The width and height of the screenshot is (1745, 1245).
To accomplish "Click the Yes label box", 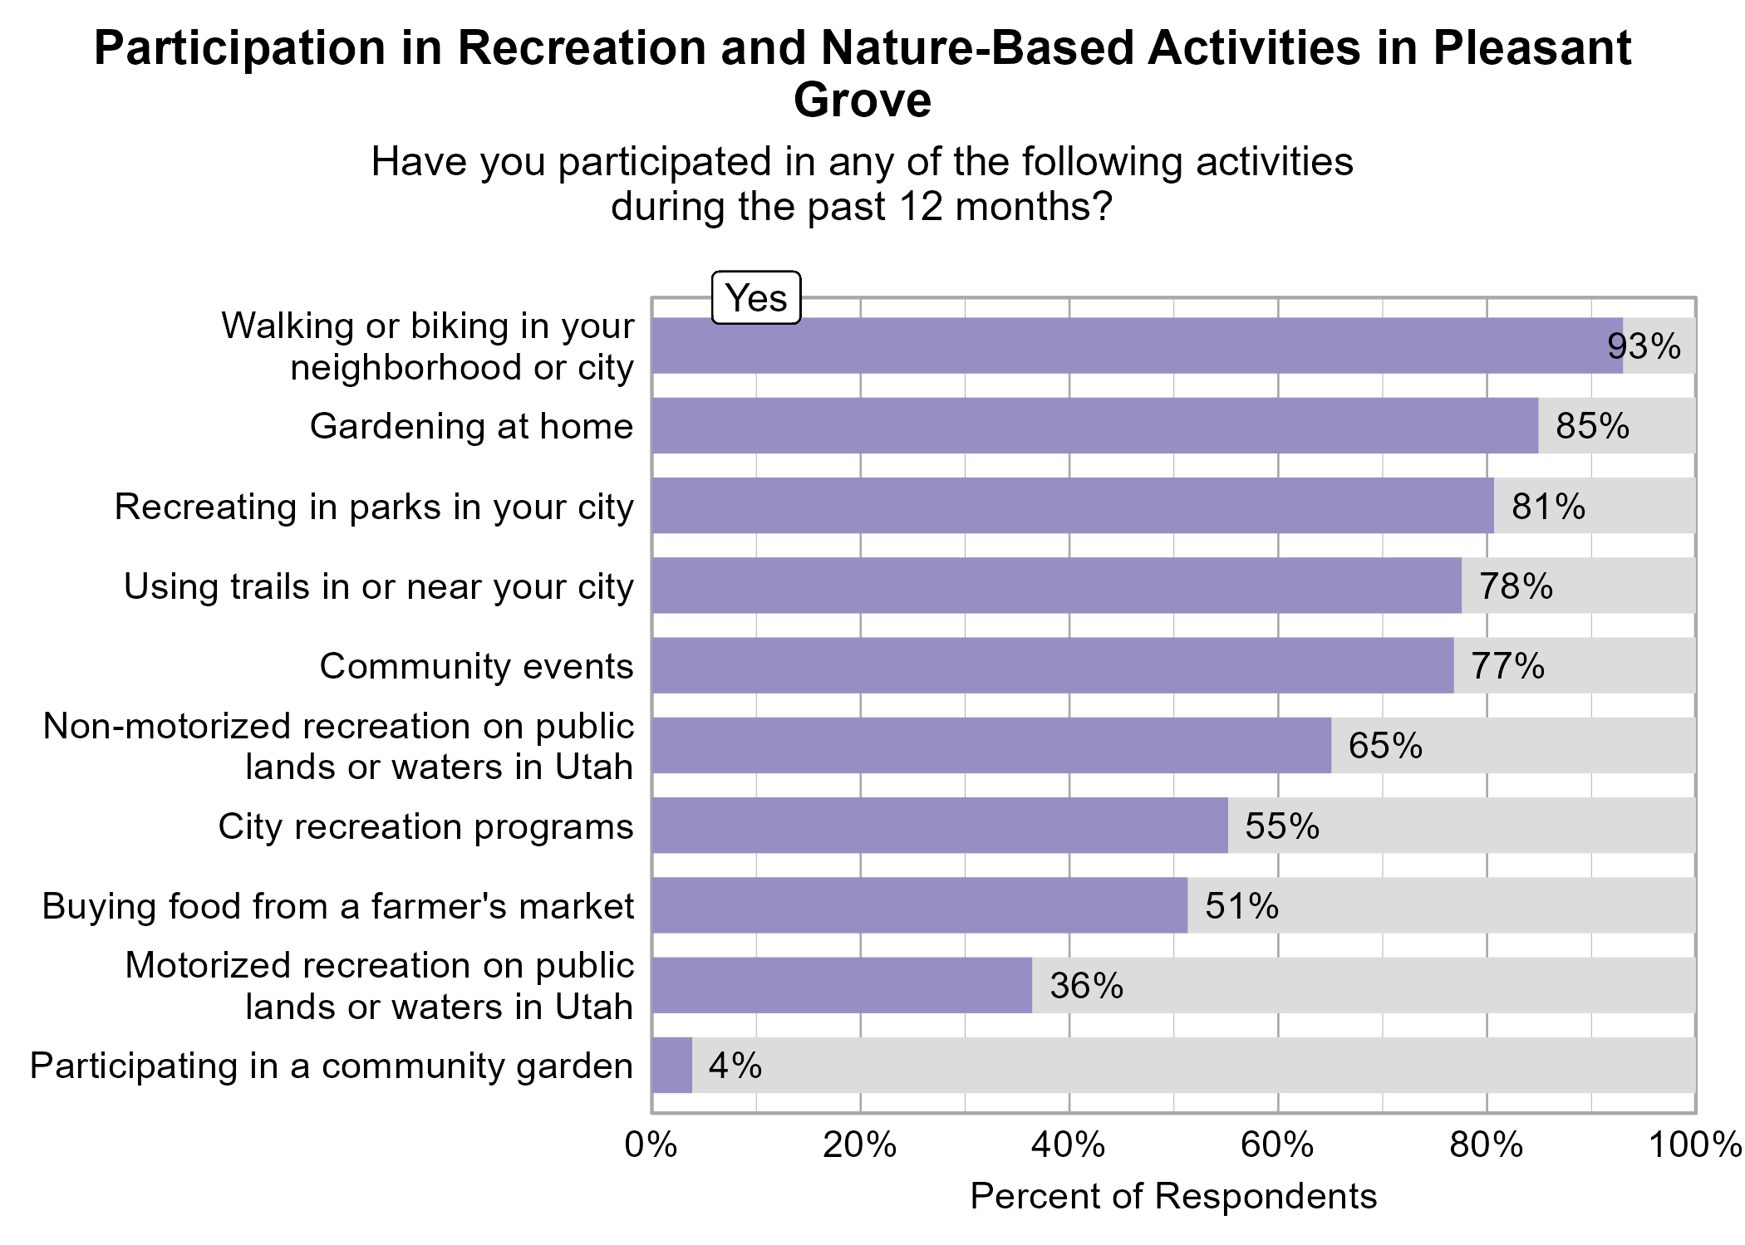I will pyautogui.click(x=756, y=297).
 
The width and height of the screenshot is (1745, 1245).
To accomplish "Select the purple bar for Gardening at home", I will pyautogui.click(x=1094, y=425).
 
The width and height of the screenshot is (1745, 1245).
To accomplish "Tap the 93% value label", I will pyautogui.click(x=1644, y=346).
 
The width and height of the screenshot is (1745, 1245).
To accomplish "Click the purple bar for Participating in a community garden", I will pyautogui.click(x=671, y=1065).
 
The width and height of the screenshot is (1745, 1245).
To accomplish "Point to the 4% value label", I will pyautogui.click(x=735, y=1066).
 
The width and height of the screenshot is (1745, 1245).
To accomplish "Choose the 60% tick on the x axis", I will pyautogui.click(x=1277, y=1145).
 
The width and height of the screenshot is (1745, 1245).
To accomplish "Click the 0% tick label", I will pyautogui.click(x=651, y=1145).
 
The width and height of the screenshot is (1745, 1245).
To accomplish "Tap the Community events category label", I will pyautogui.click(x=476, y=666).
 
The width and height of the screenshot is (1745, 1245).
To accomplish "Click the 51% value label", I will pyautogui.click(x=1241, y=905).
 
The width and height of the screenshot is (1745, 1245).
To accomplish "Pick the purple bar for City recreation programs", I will pyautogui.click(x=939, y=826).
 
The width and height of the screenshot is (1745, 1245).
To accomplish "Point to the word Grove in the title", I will pyautogui.click(x=862, y=100).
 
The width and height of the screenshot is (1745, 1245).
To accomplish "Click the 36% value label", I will pyautogui.click(x=1086, y=986).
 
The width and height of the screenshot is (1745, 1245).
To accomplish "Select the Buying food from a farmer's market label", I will pyautogui.click(x=337, y=905).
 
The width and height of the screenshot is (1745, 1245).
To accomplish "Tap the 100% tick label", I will pyautogui.click(x=1695, y=1145).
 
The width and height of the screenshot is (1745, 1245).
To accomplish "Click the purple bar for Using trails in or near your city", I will pyautogui.click(x=1055, y=586).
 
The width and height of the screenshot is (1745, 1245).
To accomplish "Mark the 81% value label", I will pyautogui.click(x=1547, y=507).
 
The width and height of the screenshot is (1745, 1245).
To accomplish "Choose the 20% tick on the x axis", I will pyautogui.click(x=860, y=1145).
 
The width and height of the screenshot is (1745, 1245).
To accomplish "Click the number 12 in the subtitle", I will pyautogui.click(x=920, y=206).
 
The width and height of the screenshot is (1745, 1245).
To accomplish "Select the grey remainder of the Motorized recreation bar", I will pyautogui.click(x=1363, y=985).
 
